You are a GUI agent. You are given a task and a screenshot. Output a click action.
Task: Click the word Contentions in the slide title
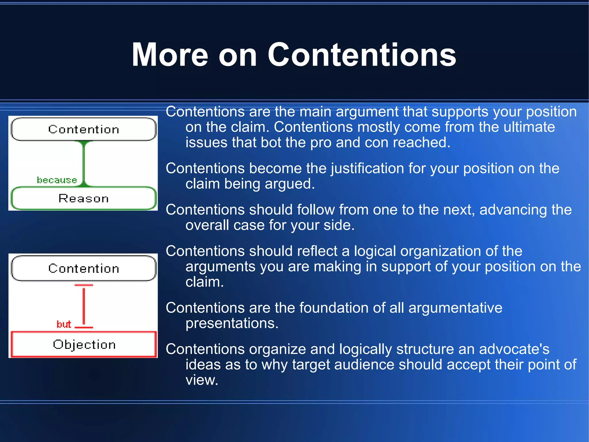pos(362,55)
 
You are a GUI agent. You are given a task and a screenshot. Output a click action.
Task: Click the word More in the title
pos(170,55)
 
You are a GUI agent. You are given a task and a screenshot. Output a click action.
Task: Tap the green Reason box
pos(83,199)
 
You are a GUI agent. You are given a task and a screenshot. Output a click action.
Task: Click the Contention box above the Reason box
pos(83,129)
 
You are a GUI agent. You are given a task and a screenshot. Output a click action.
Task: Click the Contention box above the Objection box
pos(83,268)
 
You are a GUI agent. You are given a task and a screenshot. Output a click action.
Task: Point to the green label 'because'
pos(57,180)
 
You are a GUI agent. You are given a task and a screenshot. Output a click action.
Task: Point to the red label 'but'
pos(64,324)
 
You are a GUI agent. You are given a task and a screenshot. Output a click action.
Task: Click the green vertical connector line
pos(84,164)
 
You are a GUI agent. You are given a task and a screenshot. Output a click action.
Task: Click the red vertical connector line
pos(84,306)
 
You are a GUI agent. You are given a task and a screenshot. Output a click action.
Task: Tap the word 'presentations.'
pos(232,323)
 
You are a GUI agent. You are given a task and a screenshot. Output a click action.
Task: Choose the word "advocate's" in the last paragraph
pos(514,349)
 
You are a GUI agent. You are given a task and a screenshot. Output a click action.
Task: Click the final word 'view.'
pos(202,380)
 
